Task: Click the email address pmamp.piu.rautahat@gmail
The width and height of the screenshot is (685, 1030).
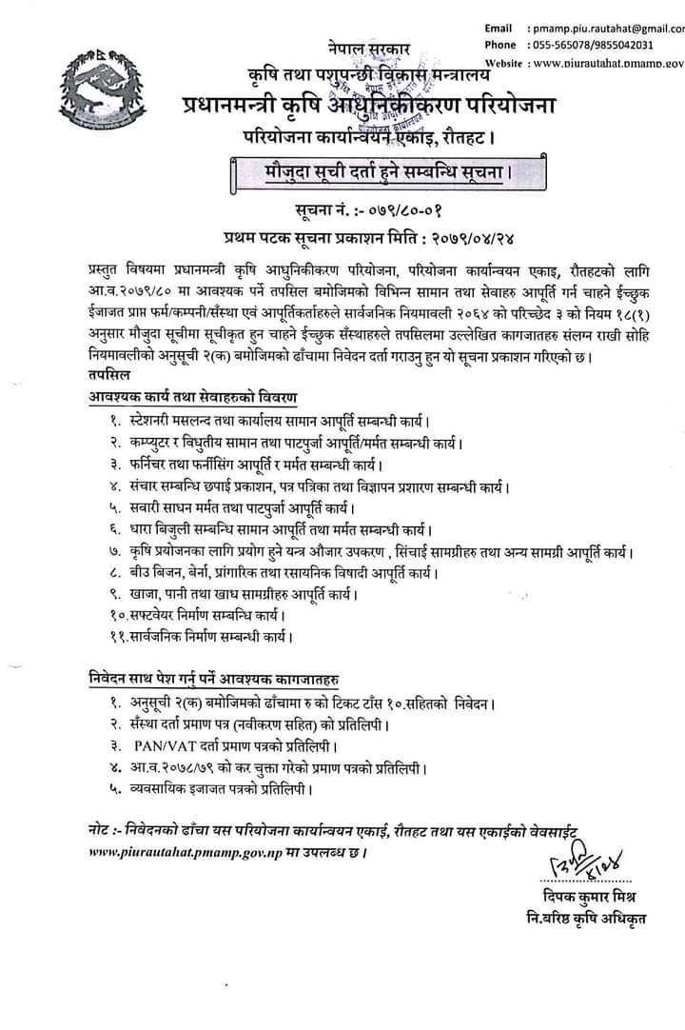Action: (608, 29)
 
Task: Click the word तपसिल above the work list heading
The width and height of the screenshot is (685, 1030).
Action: (104, 376)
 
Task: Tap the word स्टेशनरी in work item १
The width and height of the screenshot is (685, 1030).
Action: (159, 421)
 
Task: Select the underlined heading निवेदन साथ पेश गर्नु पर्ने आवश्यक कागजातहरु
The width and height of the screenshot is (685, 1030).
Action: (209, 680)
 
